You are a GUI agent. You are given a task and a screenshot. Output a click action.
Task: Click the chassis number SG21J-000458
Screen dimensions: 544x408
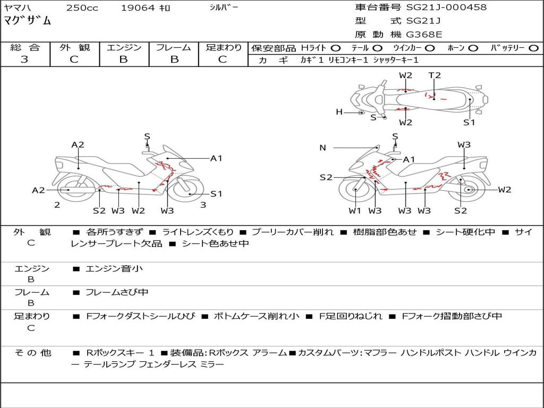(x=446, y=7)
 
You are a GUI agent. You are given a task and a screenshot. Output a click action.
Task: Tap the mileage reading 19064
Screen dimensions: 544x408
(x=138, y=7)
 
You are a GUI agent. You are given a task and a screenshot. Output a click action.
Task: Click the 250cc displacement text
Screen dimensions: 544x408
(x=82, y=7)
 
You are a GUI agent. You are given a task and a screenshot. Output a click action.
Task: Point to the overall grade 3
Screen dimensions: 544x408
(x=24, y=59)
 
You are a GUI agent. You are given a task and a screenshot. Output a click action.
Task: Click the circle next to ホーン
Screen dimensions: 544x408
(x=473, y=48)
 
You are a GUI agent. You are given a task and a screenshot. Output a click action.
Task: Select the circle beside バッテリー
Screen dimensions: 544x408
(x=533, y=48)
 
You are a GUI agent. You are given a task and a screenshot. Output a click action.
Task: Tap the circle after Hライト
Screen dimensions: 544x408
(x=336, y=48)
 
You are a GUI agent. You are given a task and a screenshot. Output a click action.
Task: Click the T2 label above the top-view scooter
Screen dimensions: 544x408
(x=435, y=75)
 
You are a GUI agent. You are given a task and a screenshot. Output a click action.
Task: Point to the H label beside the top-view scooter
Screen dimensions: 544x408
(x=339, y=112)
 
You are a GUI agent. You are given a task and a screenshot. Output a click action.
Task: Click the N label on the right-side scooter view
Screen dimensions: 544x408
(x=322, y=148)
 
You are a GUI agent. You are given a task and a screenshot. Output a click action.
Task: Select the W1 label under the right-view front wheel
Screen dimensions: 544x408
(x=355, y=210)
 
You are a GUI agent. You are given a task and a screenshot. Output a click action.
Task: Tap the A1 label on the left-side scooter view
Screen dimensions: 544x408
(x=216, y=158)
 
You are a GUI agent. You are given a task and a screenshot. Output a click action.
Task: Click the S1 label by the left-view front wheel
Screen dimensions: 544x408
(x=217, y=194)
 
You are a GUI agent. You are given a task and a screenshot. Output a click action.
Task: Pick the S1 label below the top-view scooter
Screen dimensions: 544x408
(x=469, y=122)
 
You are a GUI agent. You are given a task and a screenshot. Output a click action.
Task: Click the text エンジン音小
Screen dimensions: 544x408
(x=114, y=268)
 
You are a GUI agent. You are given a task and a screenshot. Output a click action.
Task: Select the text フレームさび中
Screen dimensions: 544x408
(x=117, y=293)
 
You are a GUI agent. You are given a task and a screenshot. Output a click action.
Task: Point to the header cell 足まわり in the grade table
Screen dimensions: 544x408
(x=224, y=47)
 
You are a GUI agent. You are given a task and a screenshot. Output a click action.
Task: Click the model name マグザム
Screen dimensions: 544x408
(x=27, y=21)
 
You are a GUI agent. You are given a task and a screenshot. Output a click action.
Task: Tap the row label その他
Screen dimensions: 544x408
(x=32, y=353)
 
